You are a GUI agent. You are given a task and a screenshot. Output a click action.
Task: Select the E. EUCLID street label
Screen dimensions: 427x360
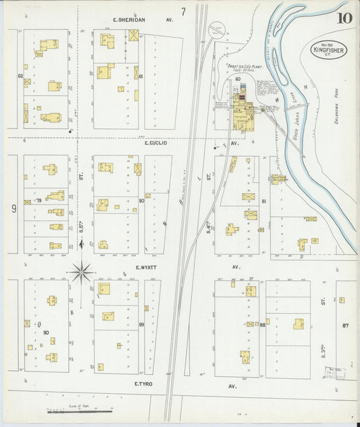click(155, 143)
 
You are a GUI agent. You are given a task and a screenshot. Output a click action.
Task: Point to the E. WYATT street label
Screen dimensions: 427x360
click(146, 268)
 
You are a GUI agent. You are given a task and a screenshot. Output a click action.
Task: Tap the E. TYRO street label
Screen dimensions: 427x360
click(145, 384)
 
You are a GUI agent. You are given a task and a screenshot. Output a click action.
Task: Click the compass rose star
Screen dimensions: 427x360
click(82, 273)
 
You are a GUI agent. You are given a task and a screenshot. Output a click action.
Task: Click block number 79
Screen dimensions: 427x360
click(39, 200)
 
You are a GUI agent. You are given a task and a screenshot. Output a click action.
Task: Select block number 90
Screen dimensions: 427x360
click(45, 332)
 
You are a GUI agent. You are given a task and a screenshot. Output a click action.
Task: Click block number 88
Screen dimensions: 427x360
click(261, 325)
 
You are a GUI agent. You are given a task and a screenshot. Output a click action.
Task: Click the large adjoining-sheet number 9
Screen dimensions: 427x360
click(13, 209)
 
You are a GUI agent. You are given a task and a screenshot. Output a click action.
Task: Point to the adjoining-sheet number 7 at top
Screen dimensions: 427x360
click(182, 11)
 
